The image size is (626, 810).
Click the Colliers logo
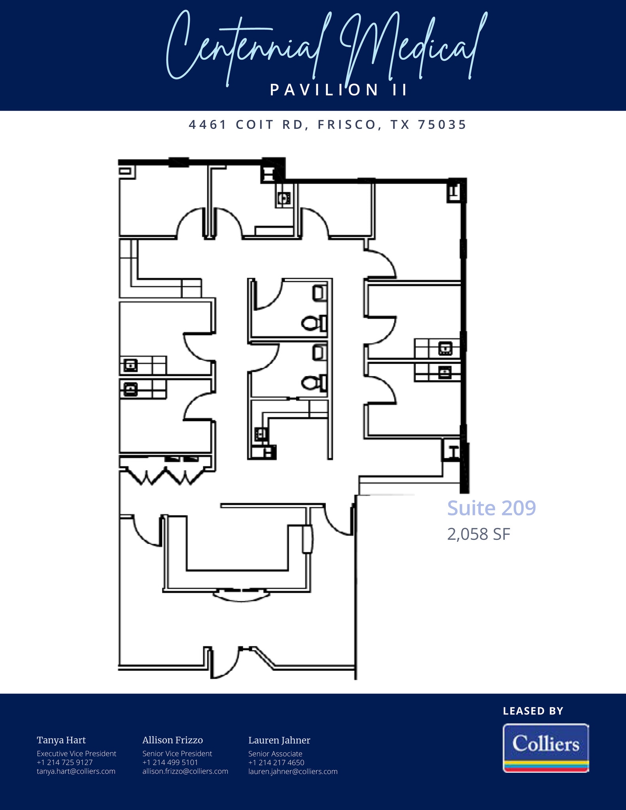pyautogui.click(x=546, y=748)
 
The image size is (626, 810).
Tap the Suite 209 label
pyautogui.click(x=492, y=508)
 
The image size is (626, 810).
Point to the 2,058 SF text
pyautogui.click(x=479, y=534)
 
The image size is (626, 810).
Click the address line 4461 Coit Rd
pyautogui.click(x=328, y=125)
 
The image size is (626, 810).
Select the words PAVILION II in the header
pyautogui.click(x=339, y=90)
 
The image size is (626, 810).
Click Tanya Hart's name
pyautogui.click(x=61, y=740)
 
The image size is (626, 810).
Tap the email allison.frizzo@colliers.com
pyautogui.click(x=185, y=771)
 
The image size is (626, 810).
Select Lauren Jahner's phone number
pyautogui.click(x=276, y=763)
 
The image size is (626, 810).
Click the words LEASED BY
pyautogui.click(x=533, y=711)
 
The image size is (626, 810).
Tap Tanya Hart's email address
pyautogui.click(x=76, y=771)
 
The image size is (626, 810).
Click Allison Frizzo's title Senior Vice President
pyautogui.click(x=177, y=754)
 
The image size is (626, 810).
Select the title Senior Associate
pyautogui.click(x=275, y=754)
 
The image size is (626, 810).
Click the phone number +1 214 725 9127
pyautogui.click(x=65, y=763)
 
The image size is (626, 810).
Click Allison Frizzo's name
pyautogui.click(x=172, y=740)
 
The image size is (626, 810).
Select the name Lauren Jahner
pyautogui.click(x=279, y=740)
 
